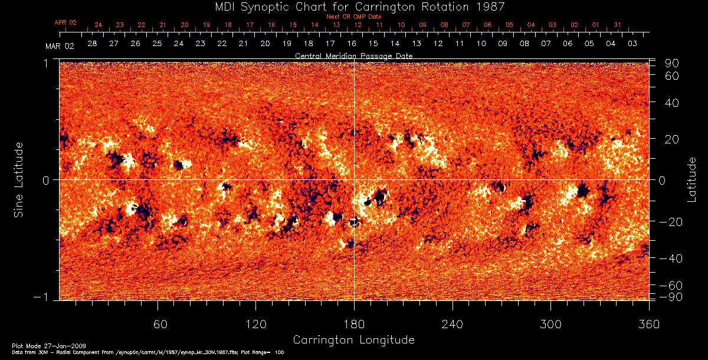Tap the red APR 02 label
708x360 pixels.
[x=65, y=22]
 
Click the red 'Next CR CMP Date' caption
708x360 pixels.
[x=354, y=17]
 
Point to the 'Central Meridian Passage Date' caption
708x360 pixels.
[x=353, y=55]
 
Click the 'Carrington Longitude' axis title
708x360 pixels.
[x=353, y=340]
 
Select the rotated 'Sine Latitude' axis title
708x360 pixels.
[x=19, y=179]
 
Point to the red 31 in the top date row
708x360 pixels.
[x=617, y=25]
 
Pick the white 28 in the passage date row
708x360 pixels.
[x=92, y=44]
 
